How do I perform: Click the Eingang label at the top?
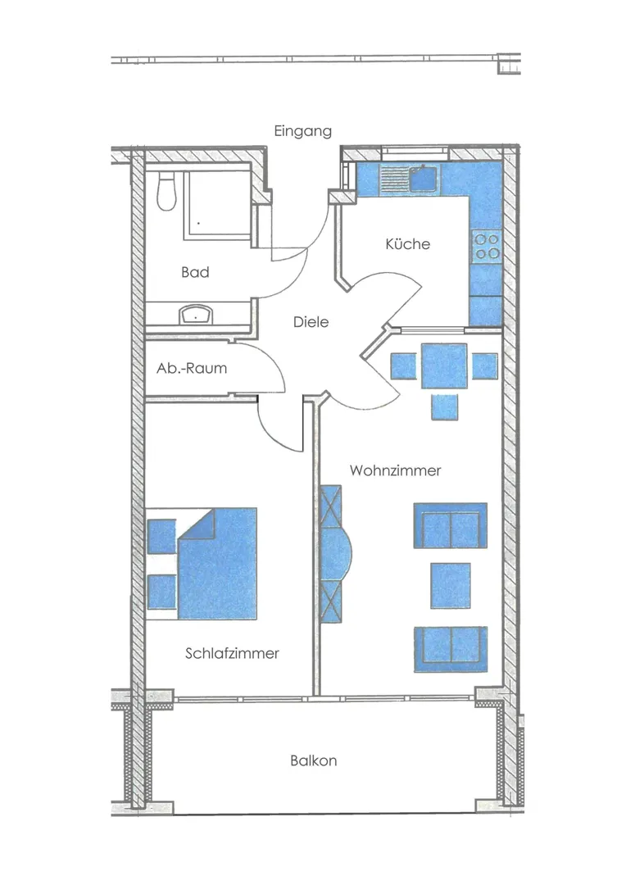[x=302, y=131]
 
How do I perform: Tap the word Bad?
[x=195, y=272]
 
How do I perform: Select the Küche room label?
[x=407, y=244]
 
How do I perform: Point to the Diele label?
[x=311, y=322]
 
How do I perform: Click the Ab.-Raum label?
[x=192, y=368]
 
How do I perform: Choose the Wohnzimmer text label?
[x=395, y=470]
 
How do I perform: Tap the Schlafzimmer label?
[x=232, y=653]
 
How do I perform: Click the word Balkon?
[x=313, y=760]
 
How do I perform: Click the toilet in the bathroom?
[x=166, y=191]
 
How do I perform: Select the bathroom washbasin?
[x=195, y=315]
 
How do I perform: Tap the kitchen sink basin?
[x=424, y=179]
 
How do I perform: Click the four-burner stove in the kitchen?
[x=486, y=247]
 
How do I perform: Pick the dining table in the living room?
[x=444, y=365]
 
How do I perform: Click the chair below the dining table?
[x=445, y=407]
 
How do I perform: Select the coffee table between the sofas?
[x=451, y=585]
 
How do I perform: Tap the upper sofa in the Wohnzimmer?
[x=451, y=525]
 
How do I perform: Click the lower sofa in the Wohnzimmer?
[x=451, y=649]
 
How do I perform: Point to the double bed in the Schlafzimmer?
[x=217, y=563]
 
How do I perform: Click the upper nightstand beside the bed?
[x=161, y=537]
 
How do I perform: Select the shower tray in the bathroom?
[x=217, y=204]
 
